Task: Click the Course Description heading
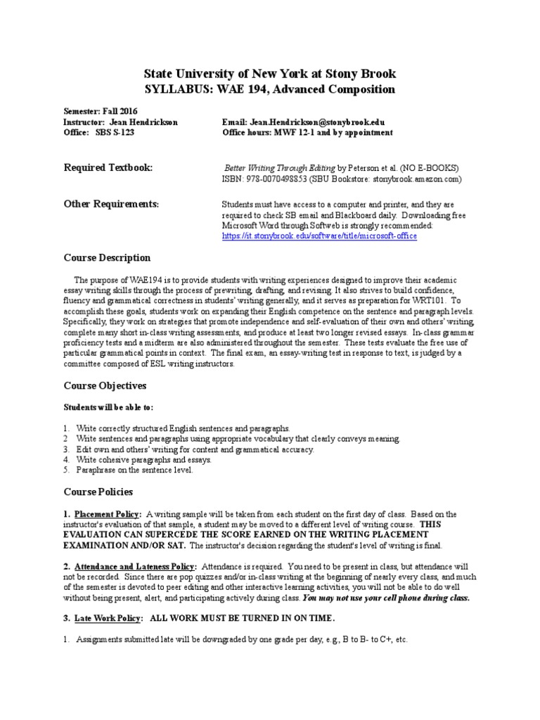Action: point(107,258)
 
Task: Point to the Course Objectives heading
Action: point(105,386)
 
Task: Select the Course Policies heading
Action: point(98,491)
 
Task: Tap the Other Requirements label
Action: point(112,204)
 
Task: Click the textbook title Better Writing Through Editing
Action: point(280,169)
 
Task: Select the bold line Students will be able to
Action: point(109,408)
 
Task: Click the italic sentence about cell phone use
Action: point(386,598)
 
